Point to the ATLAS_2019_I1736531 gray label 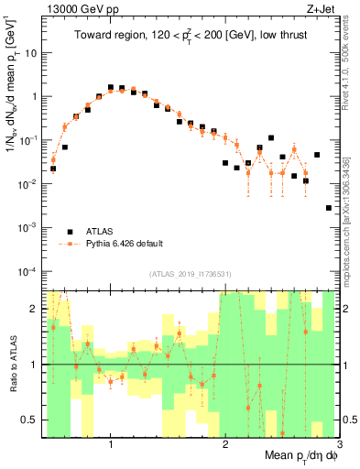point(191,274)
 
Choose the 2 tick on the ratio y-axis point(35,309)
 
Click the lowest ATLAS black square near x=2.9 point(329,208)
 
